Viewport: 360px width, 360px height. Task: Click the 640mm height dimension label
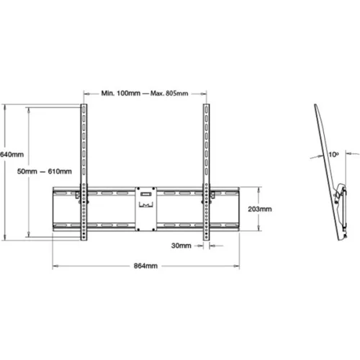pyautogui.click(x=12, y=155)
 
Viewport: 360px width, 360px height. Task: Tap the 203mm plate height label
pyautogui.click(x=260, y=210)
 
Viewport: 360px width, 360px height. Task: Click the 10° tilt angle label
pyautogui.click(x=333, y=153)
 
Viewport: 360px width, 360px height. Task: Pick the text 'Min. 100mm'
pyautogui.click(x=121, y=94)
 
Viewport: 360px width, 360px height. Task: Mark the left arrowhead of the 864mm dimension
pyautogui.click(x=54, y=265)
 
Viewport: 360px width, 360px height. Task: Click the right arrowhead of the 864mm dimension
pyautogui.click(x=238, y=265)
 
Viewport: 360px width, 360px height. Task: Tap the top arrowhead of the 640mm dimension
pyautogui.click(x=5, y=107)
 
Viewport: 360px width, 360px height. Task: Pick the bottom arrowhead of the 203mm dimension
pyautogui.click(x=256, y=230)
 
